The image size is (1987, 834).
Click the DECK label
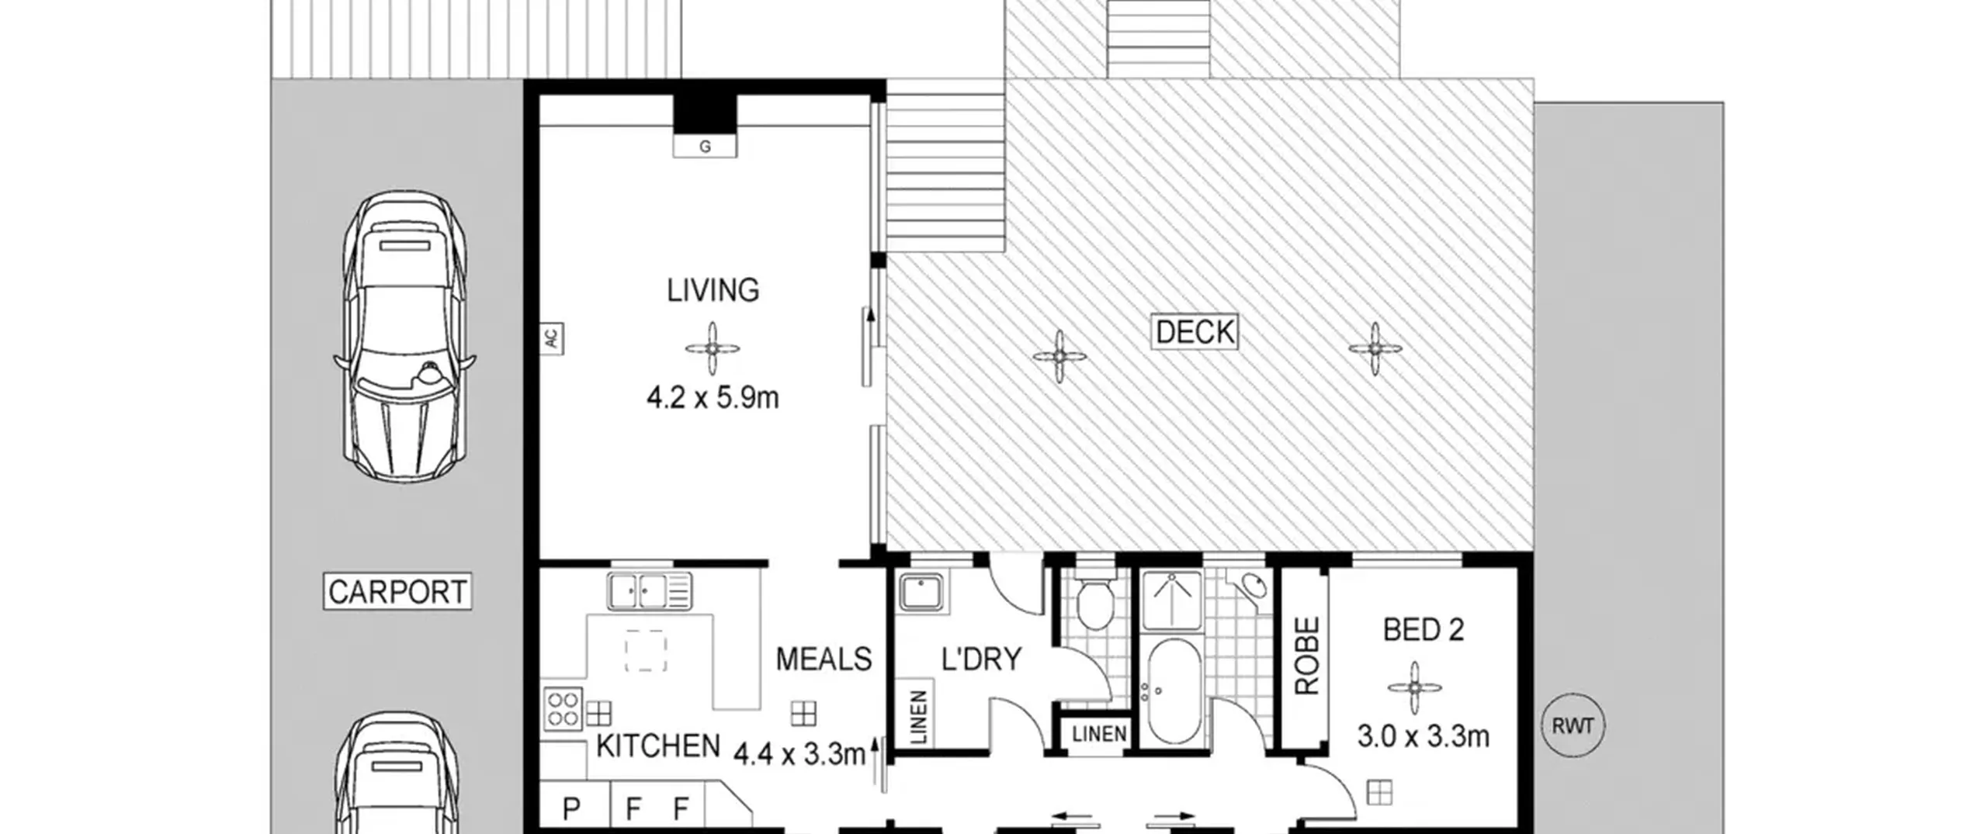point(1194,332)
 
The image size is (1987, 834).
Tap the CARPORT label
point(397,592)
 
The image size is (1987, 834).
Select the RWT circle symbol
point(1573,726)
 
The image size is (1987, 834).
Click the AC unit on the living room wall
point(551,339)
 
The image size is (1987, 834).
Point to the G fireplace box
point(705,146)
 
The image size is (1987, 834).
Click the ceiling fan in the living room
point(713,349)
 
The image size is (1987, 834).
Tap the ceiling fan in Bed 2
point(1415,687)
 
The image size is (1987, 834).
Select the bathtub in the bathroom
point(1174,691)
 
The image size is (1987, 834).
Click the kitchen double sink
point(650,591)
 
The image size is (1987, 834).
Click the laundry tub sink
point(921,593)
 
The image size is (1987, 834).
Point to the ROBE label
point(1306,656)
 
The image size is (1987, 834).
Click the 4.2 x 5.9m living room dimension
point(713,398)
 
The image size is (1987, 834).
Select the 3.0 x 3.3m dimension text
point(1423,735)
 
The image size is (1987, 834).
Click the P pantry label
point(571,809)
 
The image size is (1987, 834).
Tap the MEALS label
point(824,659)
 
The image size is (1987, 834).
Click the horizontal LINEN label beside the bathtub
point(1099,734)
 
